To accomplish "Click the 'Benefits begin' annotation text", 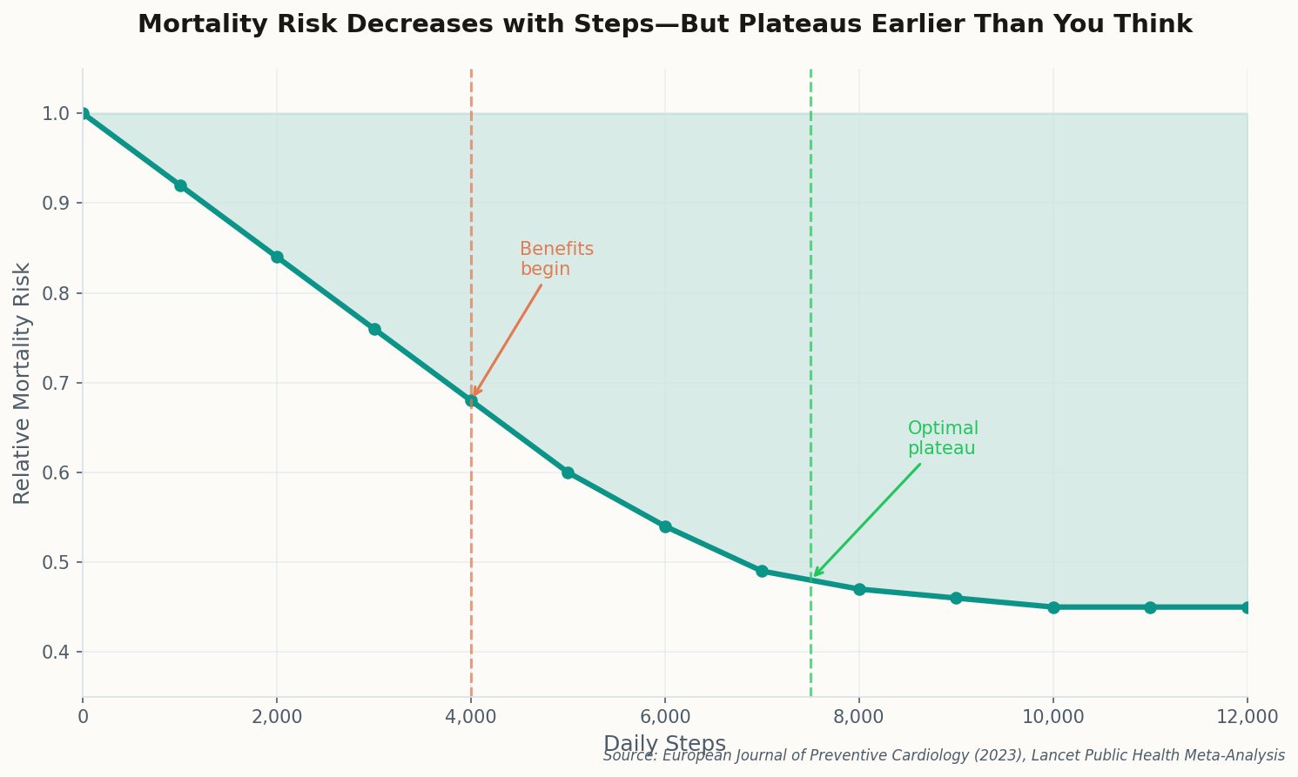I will tap(556, 259).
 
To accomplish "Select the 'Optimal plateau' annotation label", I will tap(943, 439).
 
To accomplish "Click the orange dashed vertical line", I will tap(471, 218).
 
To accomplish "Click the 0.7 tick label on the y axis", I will tap(57, 384).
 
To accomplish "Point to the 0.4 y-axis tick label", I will tap(57, 653).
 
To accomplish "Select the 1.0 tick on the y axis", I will tap(57, 114).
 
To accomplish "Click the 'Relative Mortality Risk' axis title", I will tap(23, 383).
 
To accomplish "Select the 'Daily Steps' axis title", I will tap(664, 744).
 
